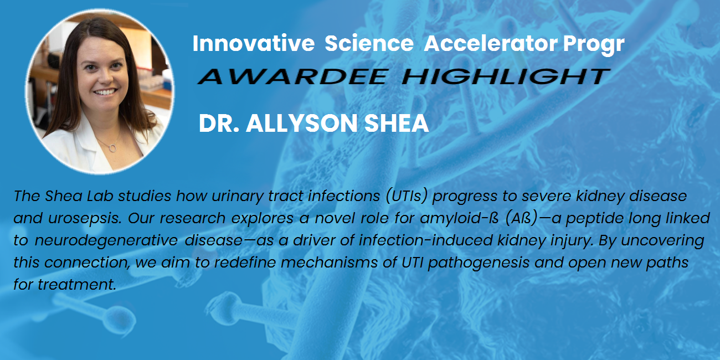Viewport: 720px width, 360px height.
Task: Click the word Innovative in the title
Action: pyautogui.click(x=254, y=43)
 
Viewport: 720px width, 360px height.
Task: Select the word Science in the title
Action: pyautogui.click(x=369, y=43)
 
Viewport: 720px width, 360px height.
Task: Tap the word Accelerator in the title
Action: pyautogui.click(x=491, y=43)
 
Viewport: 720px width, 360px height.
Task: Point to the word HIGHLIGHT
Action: pyautogui.click(x=506, y=76)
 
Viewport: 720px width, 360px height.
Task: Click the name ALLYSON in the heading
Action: pyautogui.click(x=302, y=123)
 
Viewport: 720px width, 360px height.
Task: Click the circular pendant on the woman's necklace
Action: pyautogui.click(x=113, y=147)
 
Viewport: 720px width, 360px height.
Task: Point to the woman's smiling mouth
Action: pyautogui.click(x=105, y=92)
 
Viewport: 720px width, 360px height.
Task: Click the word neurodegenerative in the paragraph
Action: pyautogui.click(x=106, y=241)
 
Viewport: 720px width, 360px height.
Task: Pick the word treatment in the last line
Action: pyautogui.click(x=77, y=285)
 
